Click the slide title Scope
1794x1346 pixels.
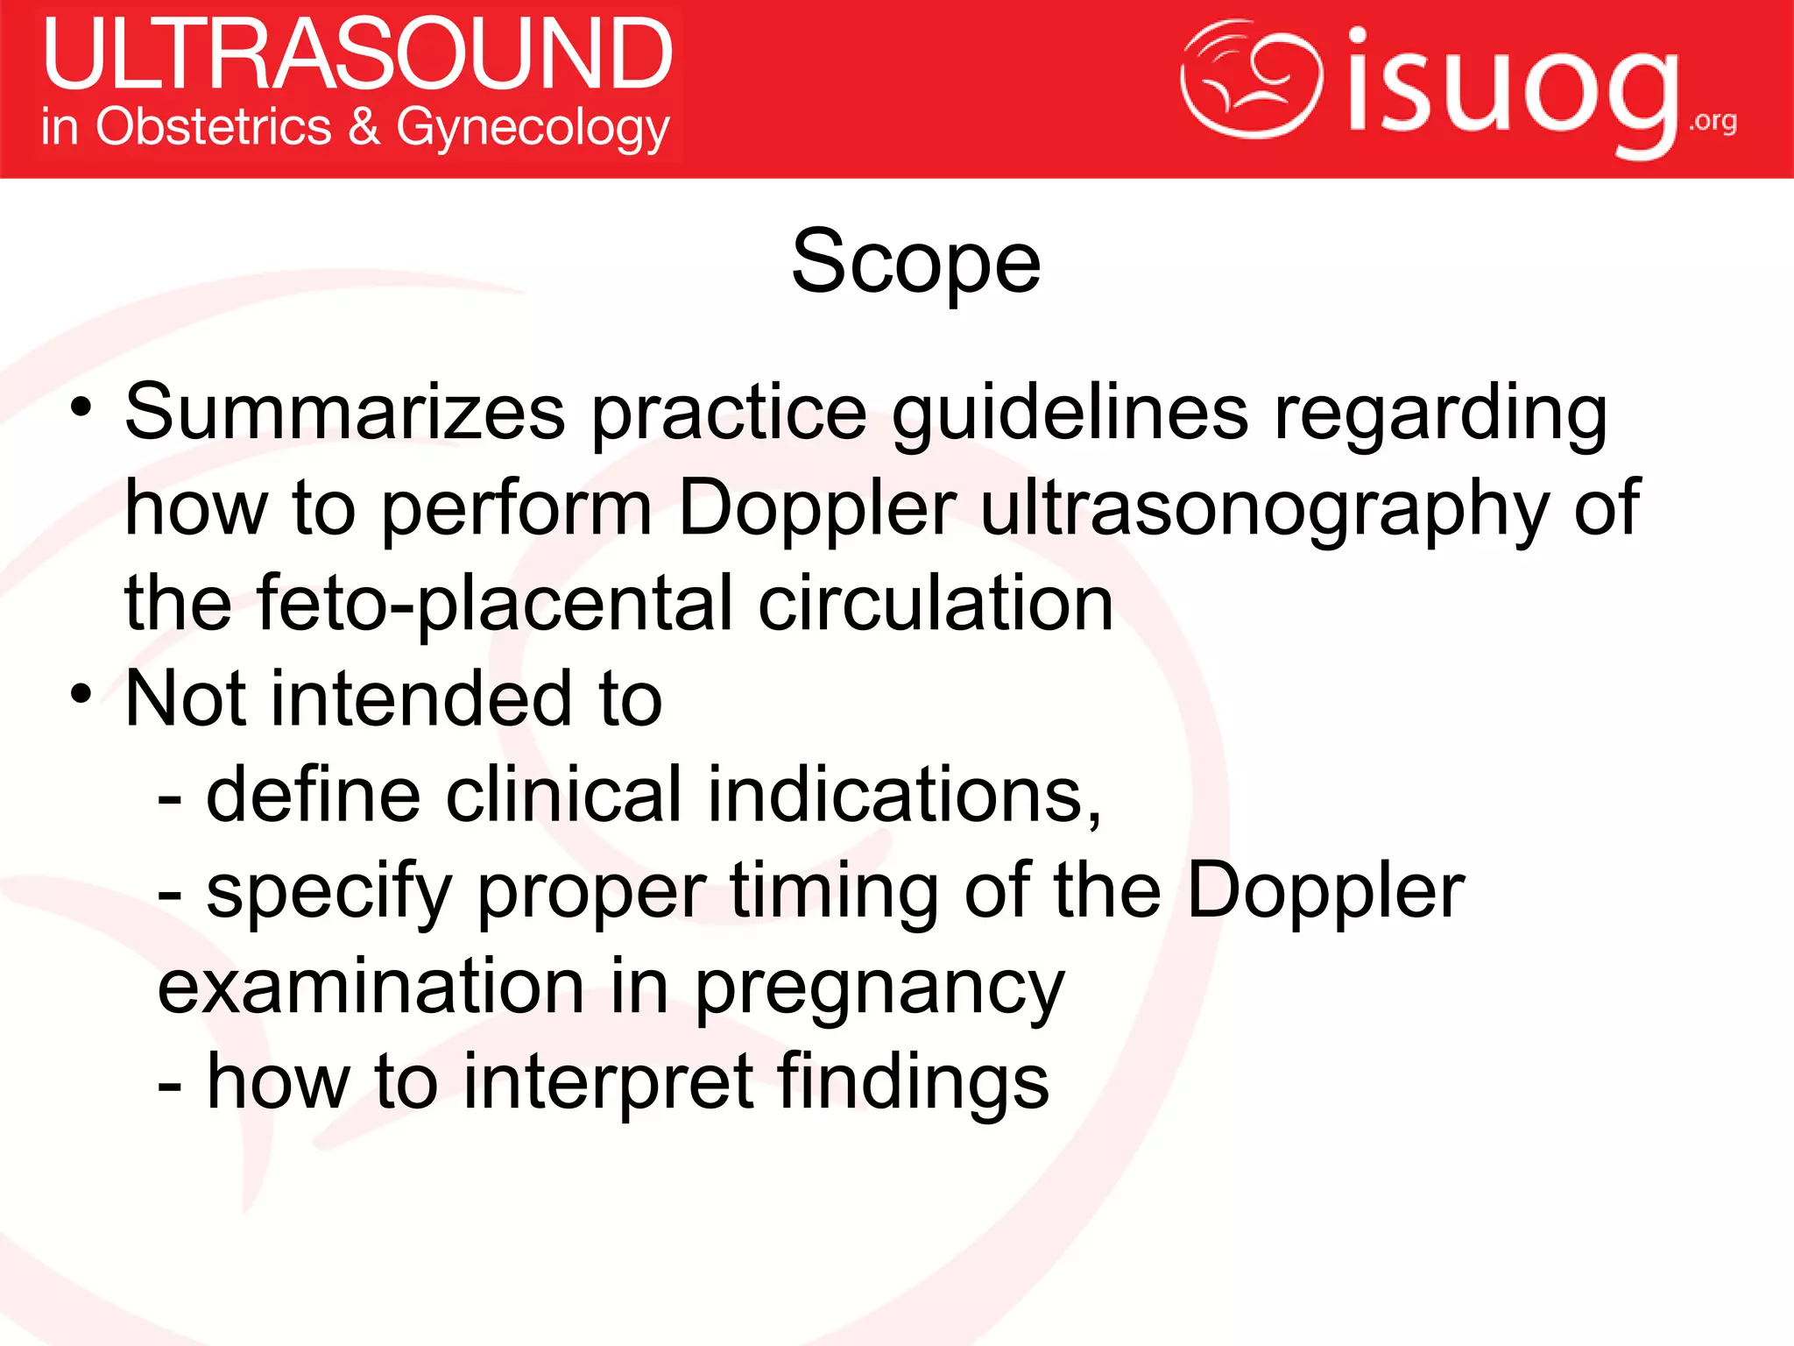pyautogui.click(x=915, y=261)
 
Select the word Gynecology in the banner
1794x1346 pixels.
pyautogui.click(x=533, y=128)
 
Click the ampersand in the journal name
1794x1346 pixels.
pyautogui.click(x=364, y=126)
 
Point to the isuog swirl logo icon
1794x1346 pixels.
pyautogui.click(x=1250, y=79)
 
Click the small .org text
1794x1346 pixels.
pyautogui.click(x=1713, y=121)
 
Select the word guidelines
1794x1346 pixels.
pyautogui.click(x=1070, y=414)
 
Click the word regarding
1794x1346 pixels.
pyautogui.click(x=1440, y=414)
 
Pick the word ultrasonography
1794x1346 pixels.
pyautogui.click(x=1264, y=510)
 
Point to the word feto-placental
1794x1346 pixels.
pyautogui.click(x=496, y=605)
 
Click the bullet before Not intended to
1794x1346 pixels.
pyautogui.click(x=81, y=694)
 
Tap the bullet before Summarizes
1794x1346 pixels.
pyautogui.click(x=81, y=407)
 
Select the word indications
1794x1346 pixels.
pyautogui.click(x=904, y=794)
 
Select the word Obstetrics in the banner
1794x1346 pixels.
pyautogui.click(x=214, y=126)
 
